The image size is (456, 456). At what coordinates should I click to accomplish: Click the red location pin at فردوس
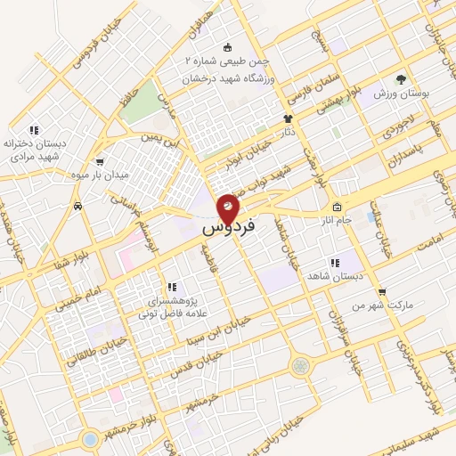pos(228,208)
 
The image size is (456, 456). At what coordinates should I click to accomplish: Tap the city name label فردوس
pos(228,228)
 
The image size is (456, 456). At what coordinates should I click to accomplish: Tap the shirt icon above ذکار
pos(288,118)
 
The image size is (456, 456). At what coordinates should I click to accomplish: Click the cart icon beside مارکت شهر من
pos(382,291)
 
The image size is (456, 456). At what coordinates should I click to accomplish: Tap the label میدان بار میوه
pos(100,175)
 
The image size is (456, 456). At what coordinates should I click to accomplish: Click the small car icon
pos(78,206)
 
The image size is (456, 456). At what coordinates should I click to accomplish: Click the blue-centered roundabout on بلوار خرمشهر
pos(89,438)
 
